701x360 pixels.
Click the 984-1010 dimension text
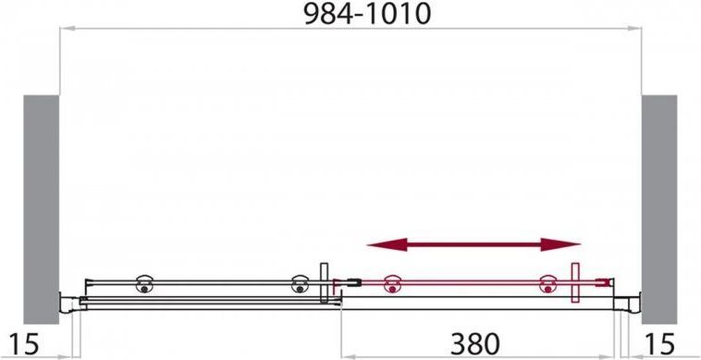tap(367, 14)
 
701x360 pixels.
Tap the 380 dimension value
tap(474, 344)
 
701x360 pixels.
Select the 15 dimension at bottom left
tap(24, 344)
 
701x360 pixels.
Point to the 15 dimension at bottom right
tap(659, 344)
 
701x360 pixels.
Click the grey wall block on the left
tap(41, 209)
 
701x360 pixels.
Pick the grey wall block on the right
tap(659, 209)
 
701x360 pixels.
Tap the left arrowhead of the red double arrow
tap(387, 244)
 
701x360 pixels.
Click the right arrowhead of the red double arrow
tap(560, 244)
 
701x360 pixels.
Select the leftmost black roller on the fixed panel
tap(144, 284)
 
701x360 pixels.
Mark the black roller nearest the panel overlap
tap(300, 284)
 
